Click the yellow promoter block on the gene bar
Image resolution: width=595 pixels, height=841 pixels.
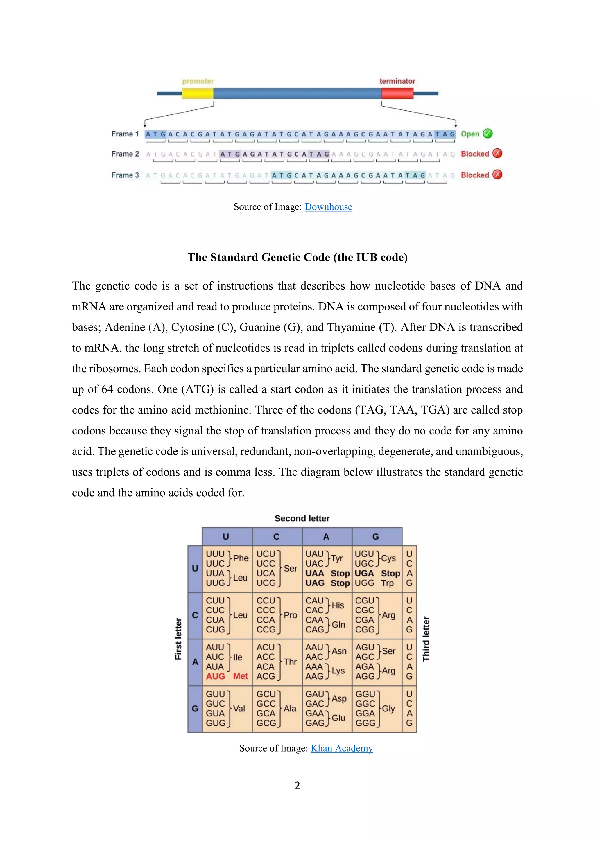[198, 94]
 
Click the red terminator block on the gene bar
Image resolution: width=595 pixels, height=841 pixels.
[397, 94]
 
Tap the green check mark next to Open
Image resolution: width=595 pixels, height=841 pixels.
[488, 134]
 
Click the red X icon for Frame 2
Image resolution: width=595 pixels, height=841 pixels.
[497, 153]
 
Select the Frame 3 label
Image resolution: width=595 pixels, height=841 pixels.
[125, 175]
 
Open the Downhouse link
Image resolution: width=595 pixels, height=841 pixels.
[328, 207]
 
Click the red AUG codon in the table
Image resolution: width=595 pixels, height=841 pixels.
[216, 676]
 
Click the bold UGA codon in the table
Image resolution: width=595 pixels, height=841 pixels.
[364, 573]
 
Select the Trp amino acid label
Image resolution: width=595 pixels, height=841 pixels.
[387, 583]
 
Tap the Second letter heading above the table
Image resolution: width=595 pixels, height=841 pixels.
[302, 518]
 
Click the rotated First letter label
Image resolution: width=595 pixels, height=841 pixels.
[178, 639]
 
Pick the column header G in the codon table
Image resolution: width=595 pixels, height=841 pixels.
[376, 537]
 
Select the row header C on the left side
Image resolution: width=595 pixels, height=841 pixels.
[195, 615]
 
